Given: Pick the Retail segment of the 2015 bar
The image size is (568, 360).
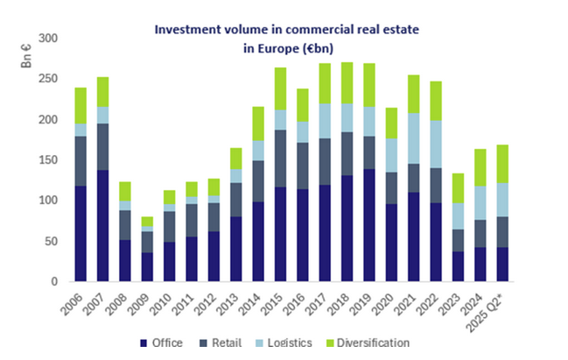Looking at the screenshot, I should (279, 159).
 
